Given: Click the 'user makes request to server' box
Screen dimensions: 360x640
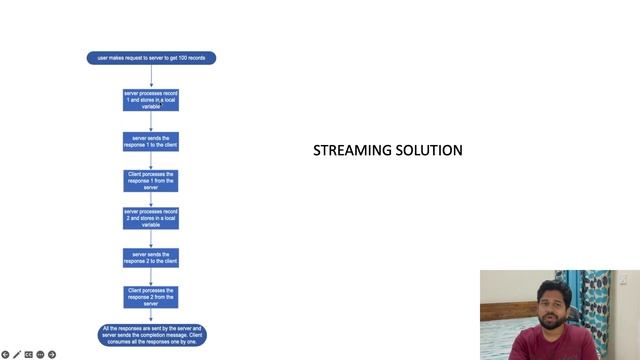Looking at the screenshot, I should (151, 58).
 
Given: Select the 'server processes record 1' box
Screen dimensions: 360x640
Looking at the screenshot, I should (151, 99).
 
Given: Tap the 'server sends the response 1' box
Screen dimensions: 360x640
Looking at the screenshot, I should (151, 141).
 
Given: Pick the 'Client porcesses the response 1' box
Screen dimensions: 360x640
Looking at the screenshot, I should (151, 180).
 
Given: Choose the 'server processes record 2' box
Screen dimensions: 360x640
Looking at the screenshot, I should (151, 218).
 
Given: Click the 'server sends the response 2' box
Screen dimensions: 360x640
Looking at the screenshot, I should (151, 258).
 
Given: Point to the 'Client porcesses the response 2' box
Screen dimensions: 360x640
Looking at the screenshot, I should (151, 296).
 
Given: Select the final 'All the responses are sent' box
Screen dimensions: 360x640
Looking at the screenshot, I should (152, 335).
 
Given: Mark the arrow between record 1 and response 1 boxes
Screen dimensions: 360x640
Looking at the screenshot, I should (151, 121).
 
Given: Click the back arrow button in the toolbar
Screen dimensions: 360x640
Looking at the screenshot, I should (6, 354).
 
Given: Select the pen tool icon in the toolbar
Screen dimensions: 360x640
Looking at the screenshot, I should (17, 354).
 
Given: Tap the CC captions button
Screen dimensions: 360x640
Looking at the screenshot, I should (29, 354).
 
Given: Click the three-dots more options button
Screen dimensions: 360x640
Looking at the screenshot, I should (40, 354).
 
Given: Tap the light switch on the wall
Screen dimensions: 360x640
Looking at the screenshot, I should (624, 280).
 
